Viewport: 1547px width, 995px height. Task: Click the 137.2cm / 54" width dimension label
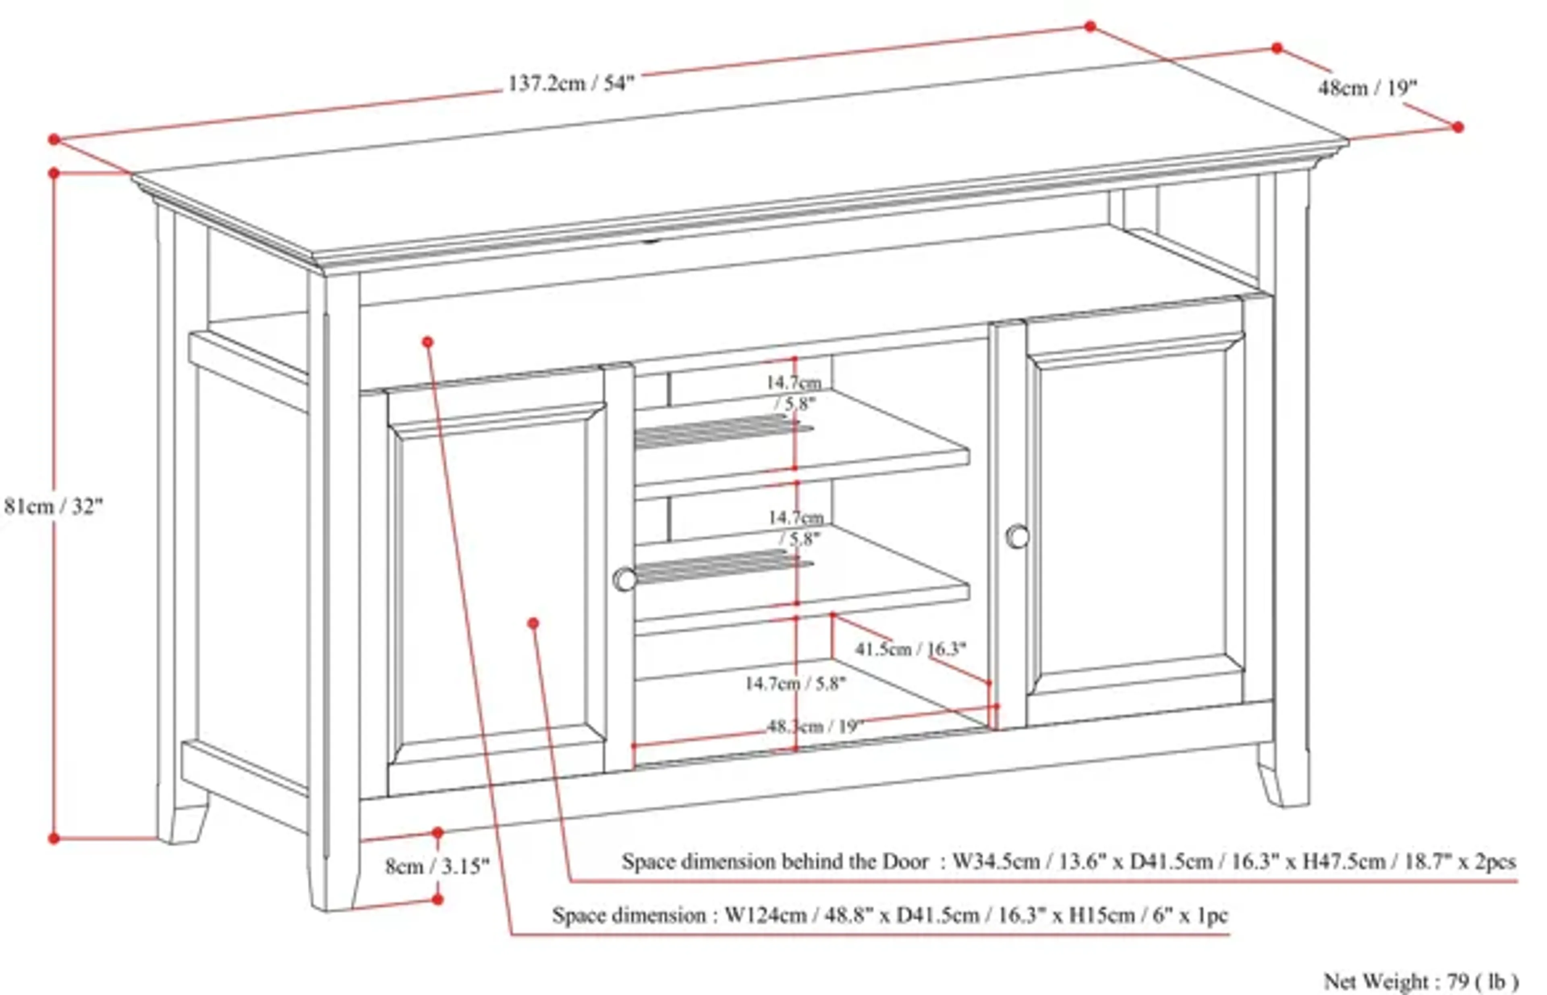(x=571, y=83)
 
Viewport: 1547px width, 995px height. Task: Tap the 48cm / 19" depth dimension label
(x=1367, y=87)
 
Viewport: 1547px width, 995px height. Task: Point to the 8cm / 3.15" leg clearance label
(x=437, y=866)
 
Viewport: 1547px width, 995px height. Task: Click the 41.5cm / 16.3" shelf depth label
(x=910, y=649)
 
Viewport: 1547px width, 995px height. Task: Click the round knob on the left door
(x=624, y=579)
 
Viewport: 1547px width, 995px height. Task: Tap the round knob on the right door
(x=1018, y=536)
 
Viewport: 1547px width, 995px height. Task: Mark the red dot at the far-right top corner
(x=1458, y=127)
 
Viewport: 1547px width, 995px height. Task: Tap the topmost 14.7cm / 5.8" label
(x=794, y=392)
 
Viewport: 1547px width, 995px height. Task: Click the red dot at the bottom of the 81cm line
(x=54, y=839)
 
